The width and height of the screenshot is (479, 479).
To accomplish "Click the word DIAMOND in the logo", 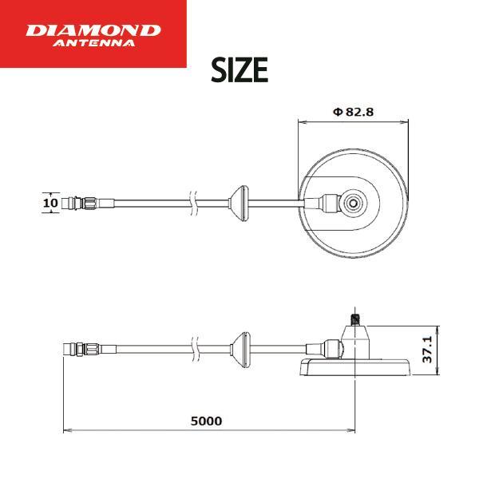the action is pos(93,30).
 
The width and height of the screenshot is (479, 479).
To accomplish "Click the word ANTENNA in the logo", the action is pos(93,43).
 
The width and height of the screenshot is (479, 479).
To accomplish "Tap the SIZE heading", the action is pos(239,70).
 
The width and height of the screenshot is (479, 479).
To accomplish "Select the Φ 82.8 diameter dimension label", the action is pos(353,112).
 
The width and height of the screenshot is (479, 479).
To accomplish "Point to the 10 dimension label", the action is pos(50,203).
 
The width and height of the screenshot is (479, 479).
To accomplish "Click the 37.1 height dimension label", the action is pos(427,350).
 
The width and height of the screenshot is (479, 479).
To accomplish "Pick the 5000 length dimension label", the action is pos(207,421).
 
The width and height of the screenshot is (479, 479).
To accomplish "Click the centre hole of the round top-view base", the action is pos(354,203).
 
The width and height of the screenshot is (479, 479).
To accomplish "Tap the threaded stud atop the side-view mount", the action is pos(354,320).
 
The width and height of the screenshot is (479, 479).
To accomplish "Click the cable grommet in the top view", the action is pos(239,203).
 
